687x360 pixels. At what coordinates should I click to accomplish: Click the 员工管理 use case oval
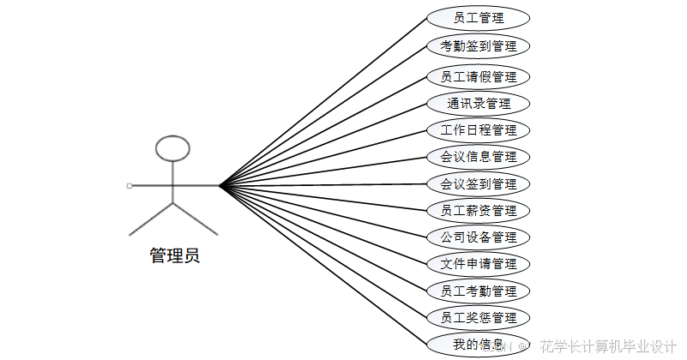[478, 17]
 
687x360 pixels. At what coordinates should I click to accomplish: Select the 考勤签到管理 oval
[478, 45]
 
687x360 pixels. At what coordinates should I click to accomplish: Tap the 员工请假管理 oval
[478, 77]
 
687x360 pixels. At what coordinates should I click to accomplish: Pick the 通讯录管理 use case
[478, 104]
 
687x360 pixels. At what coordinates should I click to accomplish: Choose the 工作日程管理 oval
[478, 130]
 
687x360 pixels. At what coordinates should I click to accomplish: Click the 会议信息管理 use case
[478, 157]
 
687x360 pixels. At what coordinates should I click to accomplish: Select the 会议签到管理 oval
[478, 183]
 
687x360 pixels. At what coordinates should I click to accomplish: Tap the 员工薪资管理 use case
[478, 210]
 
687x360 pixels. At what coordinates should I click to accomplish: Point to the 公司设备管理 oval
[478, 237]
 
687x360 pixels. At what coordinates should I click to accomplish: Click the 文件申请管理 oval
[478, 263]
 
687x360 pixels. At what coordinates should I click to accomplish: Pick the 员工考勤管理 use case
[478, 291]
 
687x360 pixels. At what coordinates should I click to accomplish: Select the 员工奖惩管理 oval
[478, 318]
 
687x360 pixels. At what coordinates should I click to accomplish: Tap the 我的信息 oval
[478, 345]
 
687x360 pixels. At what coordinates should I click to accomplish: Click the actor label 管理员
[174, 255]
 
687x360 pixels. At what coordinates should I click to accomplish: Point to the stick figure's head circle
[172, 148]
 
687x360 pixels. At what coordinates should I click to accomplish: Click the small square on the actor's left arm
[129, 185]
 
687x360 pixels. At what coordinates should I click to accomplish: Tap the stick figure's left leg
[150, 219]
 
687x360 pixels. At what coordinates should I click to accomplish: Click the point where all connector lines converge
[220, 184]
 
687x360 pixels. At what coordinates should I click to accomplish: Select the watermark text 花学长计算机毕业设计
[608, 346]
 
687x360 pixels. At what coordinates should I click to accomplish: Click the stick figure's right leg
[196, 219]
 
